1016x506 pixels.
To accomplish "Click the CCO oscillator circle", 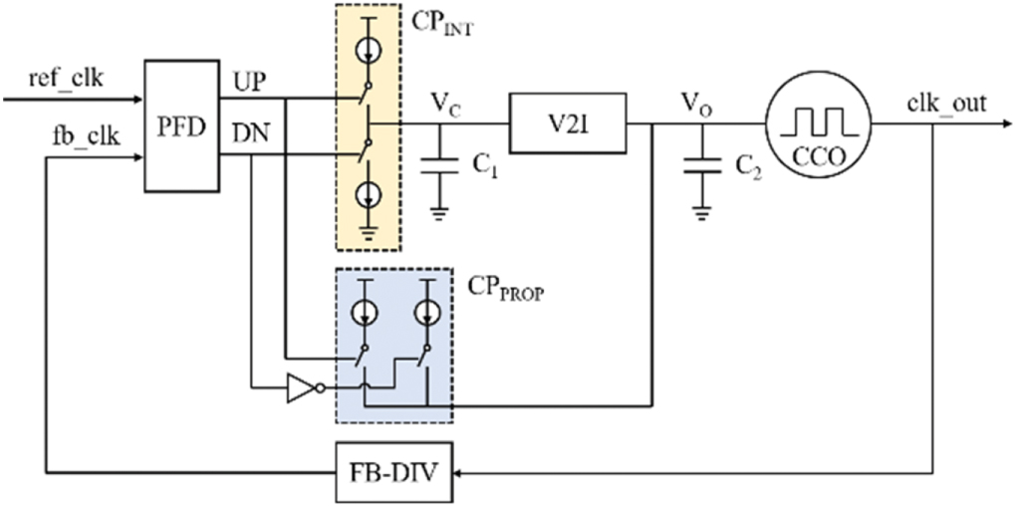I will point(817,125).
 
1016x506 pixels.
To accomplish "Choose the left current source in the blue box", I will point(366,312).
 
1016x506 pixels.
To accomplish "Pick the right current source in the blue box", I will point(429,312).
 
